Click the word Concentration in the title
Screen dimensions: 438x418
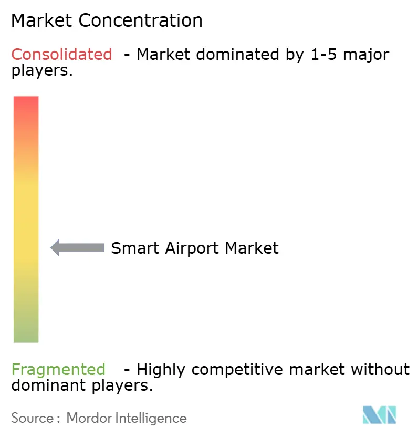(x=140, y=20)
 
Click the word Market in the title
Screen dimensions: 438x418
(x=43, y=20)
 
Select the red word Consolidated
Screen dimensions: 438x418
(x=61, y=54)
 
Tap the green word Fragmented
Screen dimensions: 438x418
(x=58, y=370)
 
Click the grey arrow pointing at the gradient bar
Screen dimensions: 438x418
(x=77, y=247)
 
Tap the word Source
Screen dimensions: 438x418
(x=32, y=418)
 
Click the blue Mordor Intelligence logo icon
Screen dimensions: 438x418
(x=380, y=414)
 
